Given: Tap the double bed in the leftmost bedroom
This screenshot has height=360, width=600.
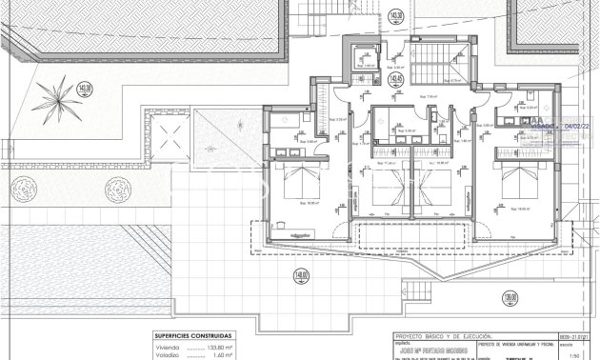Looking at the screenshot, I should tap(300, 182).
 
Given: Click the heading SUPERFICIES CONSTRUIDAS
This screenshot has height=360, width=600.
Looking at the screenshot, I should tap(192, 336).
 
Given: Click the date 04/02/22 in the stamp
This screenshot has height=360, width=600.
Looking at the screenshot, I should tap(578, 124).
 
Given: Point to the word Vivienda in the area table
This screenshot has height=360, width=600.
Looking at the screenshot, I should tap(169, 347).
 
